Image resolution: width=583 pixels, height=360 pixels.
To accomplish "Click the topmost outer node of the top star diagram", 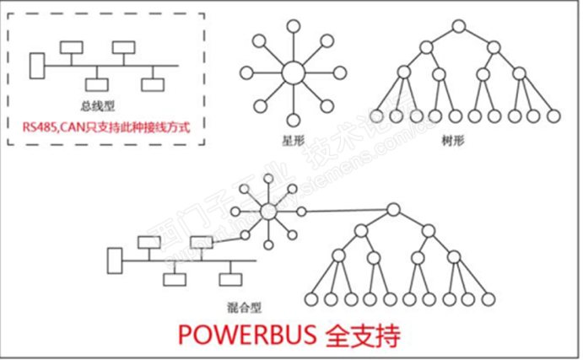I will pos(293,24).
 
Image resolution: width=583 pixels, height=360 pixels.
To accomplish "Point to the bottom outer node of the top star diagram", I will pos(293,120).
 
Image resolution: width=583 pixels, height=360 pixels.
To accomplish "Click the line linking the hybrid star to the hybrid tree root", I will pos(334,211).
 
